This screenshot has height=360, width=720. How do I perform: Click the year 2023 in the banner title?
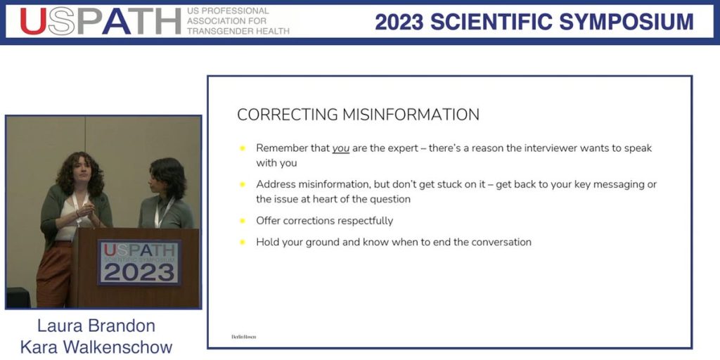click(399, 22)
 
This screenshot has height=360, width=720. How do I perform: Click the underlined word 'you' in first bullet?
click(341, 148)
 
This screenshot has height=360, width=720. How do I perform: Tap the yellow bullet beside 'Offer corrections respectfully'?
click(243, 221)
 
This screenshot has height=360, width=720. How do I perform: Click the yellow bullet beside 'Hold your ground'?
click(243, 242)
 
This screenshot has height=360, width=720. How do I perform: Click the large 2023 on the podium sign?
click(139, 271)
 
